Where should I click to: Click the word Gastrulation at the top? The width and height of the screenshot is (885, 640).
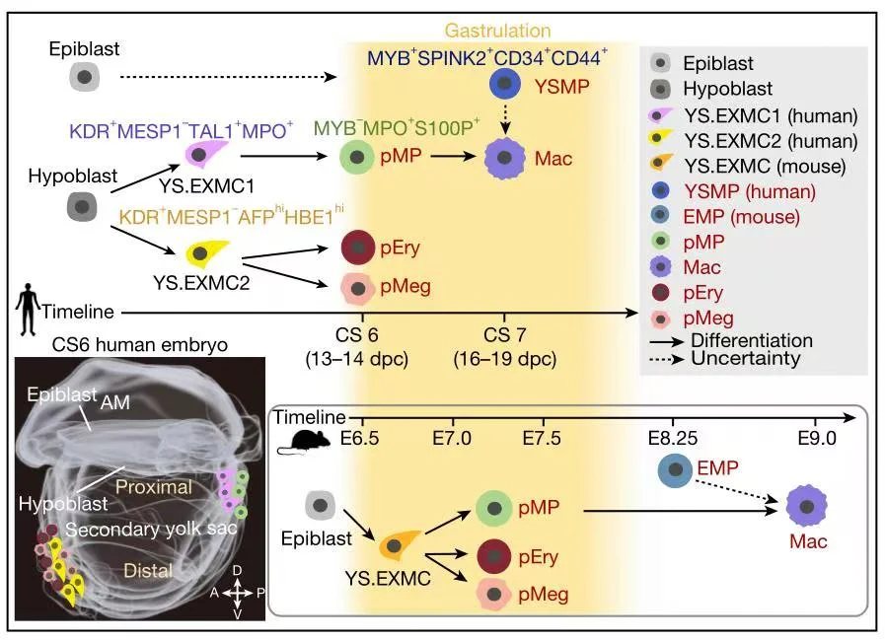(497, 31)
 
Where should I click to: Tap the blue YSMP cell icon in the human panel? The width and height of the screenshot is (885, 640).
(505, 84)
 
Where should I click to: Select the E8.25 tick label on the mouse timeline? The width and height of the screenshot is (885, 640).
(673, 438)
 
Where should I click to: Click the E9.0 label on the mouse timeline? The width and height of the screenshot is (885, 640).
(817, 438)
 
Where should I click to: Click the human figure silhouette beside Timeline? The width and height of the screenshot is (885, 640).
(27, 310)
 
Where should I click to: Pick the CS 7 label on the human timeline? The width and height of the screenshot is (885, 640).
(504, 335)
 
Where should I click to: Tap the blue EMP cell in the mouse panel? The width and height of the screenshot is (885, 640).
(675, 469)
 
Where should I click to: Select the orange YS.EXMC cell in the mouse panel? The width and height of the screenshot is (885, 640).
(398, 544)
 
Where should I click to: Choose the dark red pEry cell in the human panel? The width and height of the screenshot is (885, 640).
(358, 247)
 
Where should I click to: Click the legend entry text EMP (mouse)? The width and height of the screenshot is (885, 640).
(741, 217)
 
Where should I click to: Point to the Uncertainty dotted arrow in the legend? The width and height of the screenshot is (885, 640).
(667, 359)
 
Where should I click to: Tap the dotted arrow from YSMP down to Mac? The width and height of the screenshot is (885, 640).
(506, 119)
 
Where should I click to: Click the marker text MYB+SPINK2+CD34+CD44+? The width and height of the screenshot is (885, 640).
(487, 57)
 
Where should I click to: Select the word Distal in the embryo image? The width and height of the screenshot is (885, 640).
(148, 571)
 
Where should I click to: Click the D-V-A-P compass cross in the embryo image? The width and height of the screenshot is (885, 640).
(238, 593)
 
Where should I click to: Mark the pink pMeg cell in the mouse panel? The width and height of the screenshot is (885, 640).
(494, 595)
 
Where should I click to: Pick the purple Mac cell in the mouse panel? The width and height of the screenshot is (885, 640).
(806, 506)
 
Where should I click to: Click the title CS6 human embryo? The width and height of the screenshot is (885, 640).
(139, 344)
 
